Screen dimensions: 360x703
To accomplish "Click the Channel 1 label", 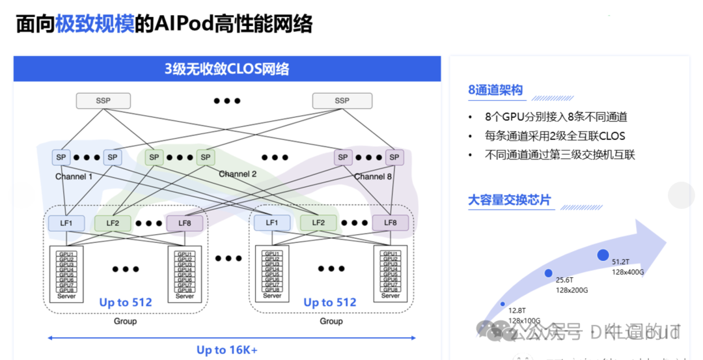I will point(74,176).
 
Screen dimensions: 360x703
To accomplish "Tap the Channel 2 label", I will point(238,174).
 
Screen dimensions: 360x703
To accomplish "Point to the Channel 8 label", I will point(373,176).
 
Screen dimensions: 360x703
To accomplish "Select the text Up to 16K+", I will point(227,350).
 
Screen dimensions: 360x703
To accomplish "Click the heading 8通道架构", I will point(495,90).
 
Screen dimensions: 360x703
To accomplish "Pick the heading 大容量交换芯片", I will point(509,200).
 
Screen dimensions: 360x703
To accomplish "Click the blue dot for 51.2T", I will point(603,255).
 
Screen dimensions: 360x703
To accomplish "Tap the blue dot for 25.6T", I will point(549,273).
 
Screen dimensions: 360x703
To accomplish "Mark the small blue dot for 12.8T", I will point(503,304).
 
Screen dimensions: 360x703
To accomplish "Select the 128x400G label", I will point(628,272).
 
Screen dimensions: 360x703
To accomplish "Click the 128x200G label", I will point(572,290).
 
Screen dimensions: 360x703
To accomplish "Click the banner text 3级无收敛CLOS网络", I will point(227,69).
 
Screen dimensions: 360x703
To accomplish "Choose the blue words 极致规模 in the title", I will point(94,23).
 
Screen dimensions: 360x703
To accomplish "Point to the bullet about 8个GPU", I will point(556,117).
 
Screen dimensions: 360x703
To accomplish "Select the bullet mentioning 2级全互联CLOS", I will point(555,136).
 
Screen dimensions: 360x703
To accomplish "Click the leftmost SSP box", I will point(103,101).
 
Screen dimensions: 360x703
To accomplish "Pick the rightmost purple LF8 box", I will point(390,223).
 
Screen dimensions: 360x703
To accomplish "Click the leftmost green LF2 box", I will point(113,223).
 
